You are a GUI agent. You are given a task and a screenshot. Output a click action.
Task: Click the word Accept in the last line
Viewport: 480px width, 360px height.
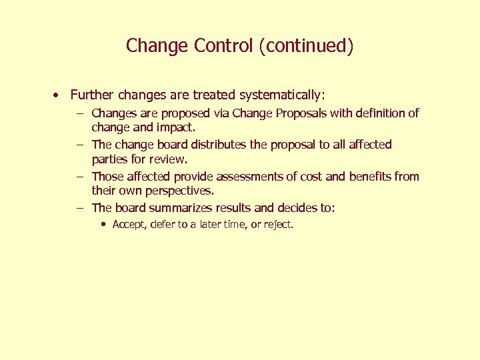[127, 225]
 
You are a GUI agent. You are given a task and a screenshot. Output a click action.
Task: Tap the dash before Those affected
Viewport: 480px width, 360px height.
[79, 177]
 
